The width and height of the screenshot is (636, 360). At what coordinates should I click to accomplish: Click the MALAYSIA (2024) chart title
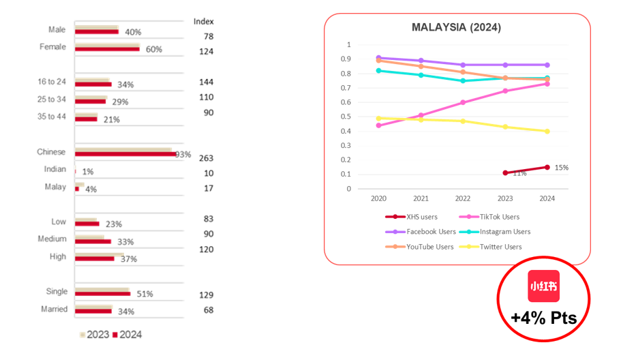click(x=456, y=27)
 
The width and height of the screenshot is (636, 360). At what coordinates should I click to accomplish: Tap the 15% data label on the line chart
click(x=561, y=167)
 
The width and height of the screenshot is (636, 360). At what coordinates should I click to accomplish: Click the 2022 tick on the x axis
click(x=463, y=198)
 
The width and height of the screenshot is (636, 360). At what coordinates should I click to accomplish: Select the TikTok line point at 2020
click(x=378, y=125)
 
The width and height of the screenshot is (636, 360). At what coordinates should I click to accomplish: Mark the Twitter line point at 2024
click(x=547, y=131)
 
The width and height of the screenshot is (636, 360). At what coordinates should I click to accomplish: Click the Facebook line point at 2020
click(x=378, y=58)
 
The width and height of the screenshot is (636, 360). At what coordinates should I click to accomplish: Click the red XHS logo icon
click(x=543, y=286)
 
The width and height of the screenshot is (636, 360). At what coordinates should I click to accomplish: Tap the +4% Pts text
click(x=543, y=318)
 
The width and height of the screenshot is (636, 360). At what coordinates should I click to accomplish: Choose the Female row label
click(x=52, y=47)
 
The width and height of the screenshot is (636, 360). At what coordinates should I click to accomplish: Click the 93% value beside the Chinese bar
click(x=183, y=154)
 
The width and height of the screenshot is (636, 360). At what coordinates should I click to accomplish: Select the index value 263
click(x=206, y=158)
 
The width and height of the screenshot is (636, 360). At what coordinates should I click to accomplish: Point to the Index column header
click(x=203, y=21)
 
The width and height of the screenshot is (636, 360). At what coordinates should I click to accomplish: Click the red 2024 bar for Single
click(x=102, y=294)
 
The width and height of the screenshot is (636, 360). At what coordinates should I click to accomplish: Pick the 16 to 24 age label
click(x=52, y=82)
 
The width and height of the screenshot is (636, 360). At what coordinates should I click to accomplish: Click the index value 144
click(x=206, y=82)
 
